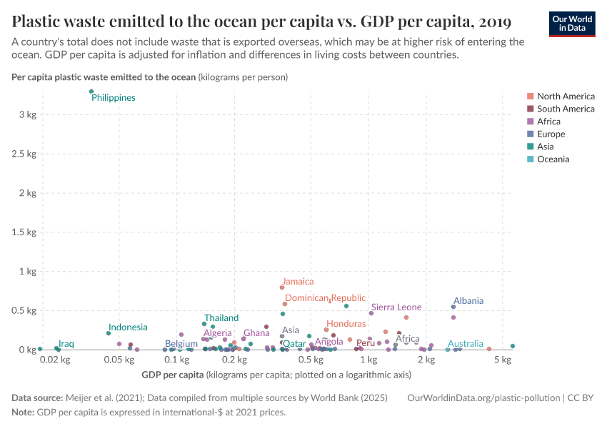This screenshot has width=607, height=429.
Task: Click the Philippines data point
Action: coord(91,92)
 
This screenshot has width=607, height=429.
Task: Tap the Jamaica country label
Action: coord(297,282)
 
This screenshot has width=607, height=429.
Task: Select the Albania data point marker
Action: coord(453,307)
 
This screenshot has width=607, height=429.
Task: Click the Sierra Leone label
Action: coord(396,307)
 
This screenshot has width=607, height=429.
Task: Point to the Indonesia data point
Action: coord(109,333)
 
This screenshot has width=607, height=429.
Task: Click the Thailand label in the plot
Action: coord(221,318)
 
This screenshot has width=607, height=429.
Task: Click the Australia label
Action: coord(466,344)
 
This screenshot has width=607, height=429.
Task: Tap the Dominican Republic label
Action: coord(325,298)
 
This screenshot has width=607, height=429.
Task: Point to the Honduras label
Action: coord(346,324)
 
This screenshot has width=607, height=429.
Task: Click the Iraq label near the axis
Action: coord(66,344)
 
